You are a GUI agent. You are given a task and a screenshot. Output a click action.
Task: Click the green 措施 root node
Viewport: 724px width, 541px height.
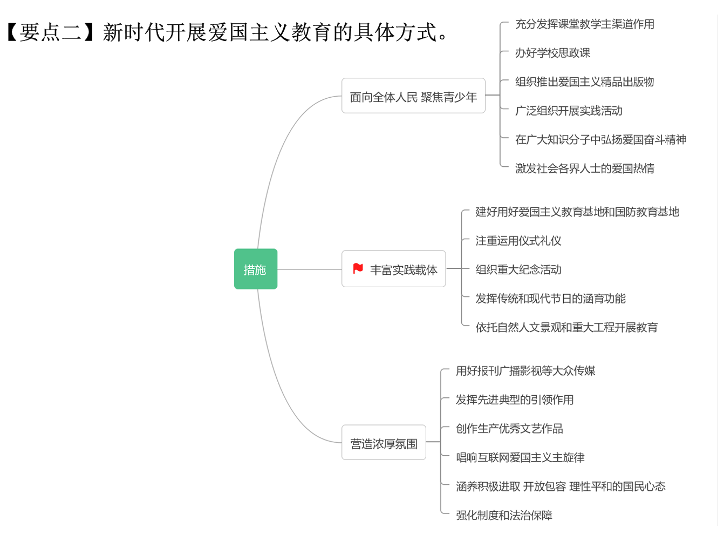[255, 269]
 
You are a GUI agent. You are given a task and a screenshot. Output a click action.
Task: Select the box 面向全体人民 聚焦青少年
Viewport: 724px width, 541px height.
[413, 96]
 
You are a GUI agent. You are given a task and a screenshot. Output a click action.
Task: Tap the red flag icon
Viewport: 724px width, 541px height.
[358, 268]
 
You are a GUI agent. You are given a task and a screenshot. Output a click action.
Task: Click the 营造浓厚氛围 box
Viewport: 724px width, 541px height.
[384, 443]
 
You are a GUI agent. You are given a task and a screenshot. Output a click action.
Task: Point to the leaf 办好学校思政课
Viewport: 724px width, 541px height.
[552, 53]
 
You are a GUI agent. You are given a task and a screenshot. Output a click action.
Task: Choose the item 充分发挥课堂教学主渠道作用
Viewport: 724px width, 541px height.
[584, 24]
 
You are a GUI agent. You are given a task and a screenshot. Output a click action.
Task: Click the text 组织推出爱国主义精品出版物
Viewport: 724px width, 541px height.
[584, 82]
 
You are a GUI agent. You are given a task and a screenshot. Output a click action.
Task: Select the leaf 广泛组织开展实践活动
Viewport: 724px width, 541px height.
[569, 111]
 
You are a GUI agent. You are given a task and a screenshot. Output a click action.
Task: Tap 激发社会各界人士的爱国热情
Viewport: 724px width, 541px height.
[584, 168]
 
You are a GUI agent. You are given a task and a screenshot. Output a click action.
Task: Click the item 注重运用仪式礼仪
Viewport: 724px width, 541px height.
[518, 241]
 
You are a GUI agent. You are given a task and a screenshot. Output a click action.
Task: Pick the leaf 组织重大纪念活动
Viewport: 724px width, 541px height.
[518, 269]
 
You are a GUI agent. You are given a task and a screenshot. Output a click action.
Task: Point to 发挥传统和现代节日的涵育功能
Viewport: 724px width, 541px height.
[550, 299]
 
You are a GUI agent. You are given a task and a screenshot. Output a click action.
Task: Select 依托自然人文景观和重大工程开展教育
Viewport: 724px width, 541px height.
[566, 327]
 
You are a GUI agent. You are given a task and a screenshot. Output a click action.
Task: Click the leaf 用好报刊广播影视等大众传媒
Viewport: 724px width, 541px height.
[525, 371]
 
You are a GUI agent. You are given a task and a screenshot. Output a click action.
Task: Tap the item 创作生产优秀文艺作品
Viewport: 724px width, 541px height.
[509, 429]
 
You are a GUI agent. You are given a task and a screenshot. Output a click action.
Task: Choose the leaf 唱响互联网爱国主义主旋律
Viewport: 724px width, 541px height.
[520, 457]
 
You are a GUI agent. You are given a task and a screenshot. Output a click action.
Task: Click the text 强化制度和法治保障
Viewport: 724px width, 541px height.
[504, 515]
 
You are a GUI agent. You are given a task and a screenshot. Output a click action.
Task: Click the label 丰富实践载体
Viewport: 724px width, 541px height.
[404, 269]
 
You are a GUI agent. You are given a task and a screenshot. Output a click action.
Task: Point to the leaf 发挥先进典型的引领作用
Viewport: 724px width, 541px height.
[515, 400]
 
